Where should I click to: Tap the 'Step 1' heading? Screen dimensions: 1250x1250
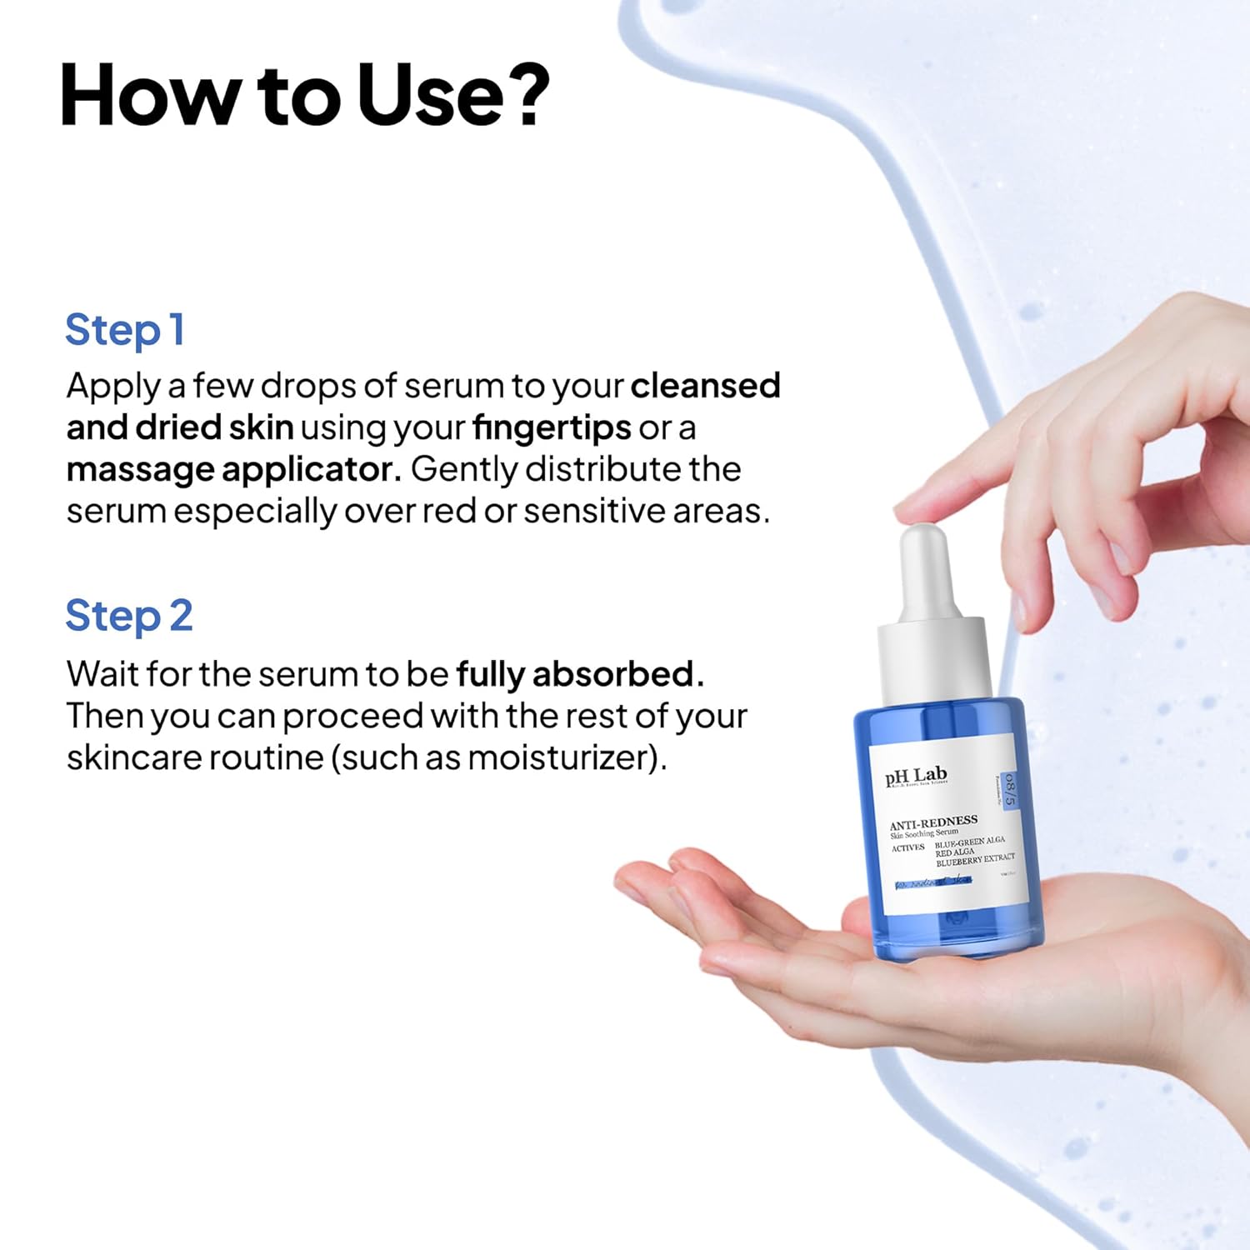tap(125, 330)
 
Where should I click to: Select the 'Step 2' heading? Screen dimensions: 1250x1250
tap(129, 617)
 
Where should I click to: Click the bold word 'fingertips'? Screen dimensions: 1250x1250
tap(552, 428)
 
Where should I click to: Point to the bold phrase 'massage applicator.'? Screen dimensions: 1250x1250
tap(233, 470)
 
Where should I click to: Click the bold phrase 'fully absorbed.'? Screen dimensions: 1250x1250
tap(580, 674)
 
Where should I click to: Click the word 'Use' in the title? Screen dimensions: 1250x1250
tap(430, 96)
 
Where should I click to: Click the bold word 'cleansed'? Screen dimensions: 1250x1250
tap(705, 386)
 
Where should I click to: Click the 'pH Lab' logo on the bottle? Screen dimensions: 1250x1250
tap(916, 777)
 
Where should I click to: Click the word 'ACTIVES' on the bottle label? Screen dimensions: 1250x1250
tap(908, 848)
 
